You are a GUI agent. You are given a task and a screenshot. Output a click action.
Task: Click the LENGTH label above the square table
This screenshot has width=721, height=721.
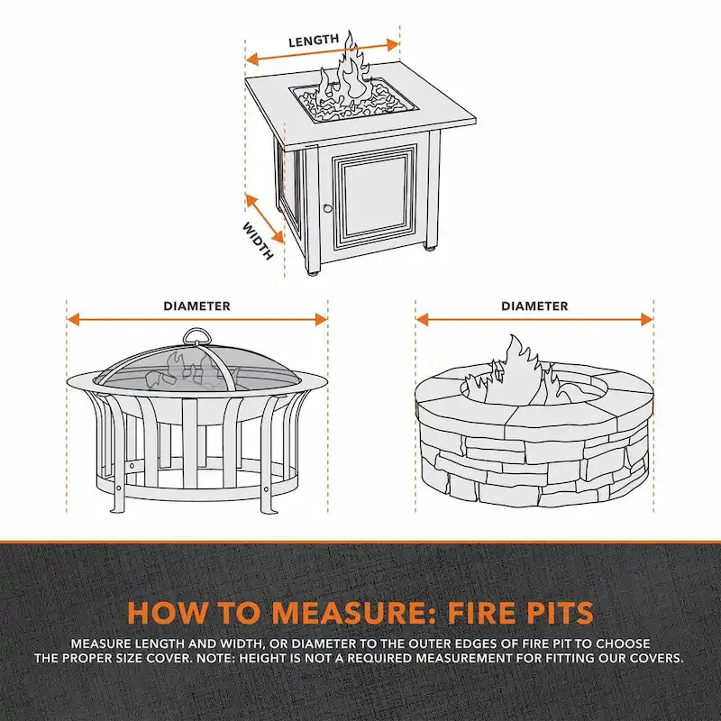pyautogui.click(x=314, y=41)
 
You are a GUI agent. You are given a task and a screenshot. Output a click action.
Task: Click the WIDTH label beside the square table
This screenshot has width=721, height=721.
pyautogui.click(x=259, y=241)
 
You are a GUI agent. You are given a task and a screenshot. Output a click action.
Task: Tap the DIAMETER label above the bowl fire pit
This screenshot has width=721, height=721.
pyautogui.click(x=196, y=306)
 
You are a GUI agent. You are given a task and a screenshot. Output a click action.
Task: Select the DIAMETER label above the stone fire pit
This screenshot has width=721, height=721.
pyautogui.click(x=534, y=306)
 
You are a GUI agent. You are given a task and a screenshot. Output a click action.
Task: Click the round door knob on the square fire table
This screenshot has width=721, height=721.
pyautogui.click(x=327, y=209)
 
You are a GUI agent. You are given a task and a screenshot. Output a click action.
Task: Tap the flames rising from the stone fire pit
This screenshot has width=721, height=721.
pyautogui.click(x=518, y=365)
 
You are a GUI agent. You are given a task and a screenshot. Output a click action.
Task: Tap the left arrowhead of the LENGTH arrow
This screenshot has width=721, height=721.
pyautogui.click(x=252, y=58)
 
